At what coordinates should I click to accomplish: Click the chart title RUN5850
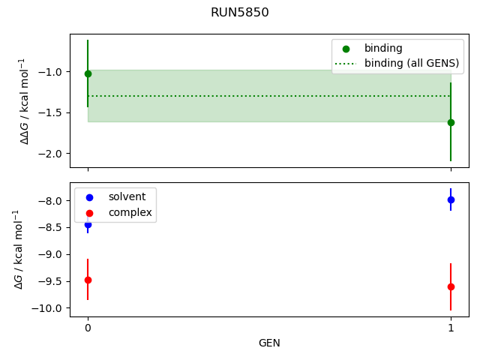[239, 13]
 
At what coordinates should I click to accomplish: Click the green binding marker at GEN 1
[451, 122]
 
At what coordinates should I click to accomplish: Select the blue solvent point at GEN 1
[451, 199]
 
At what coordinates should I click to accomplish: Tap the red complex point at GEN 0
[88, 280]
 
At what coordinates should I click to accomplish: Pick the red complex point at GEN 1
[451, 286]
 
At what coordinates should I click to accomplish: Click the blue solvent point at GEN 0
[88, 224]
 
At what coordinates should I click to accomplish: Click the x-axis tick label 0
[88, 328]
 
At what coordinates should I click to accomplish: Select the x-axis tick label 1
[451, 328]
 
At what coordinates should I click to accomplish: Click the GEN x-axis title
[269, 343]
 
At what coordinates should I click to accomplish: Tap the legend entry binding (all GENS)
[411, 63]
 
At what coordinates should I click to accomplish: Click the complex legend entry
[130, 212]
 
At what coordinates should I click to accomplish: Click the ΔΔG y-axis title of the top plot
[24, 100]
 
